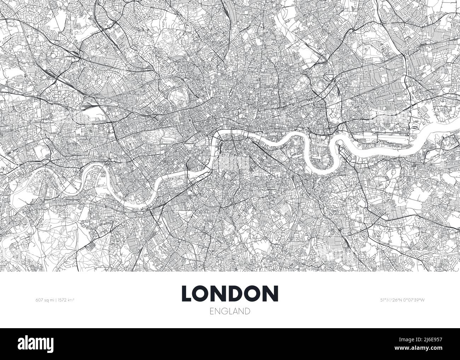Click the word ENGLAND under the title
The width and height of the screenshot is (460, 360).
point(230,311)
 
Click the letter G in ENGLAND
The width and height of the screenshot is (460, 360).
point(224,311)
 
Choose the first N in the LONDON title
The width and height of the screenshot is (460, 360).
point(222,293)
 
